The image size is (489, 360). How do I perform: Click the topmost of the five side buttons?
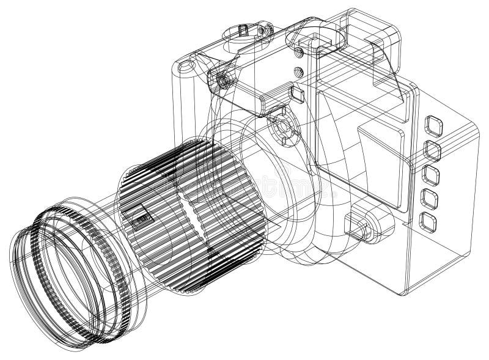pos(435,124)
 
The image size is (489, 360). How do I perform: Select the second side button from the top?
pos(433,148)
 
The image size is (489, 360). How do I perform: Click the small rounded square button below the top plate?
pos(300,93)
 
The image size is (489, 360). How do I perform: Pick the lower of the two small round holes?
pos(298,70)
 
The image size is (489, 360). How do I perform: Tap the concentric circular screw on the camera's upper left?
pos(224,79)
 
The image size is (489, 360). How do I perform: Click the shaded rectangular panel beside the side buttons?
pos(382,165)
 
